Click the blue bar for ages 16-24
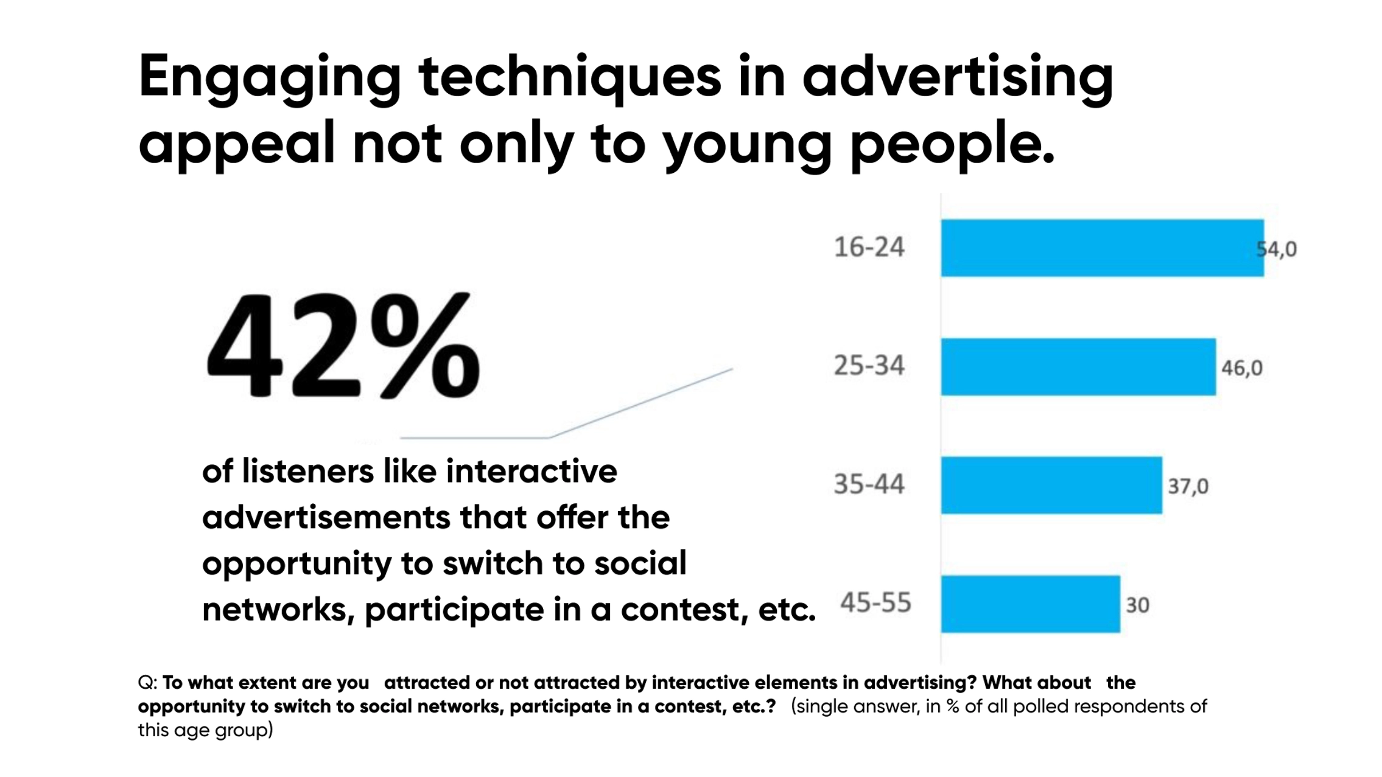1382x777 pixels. click(1101, 248)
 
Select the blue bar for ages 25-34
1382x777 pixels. click(1078, 367)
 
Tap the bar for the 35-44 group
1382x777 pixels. click(1051, 485)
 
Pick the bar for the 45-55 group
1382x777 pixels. click(1030, 604)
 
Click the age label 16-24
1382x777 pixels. click(869, 248)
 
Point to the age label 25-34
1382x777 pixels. click(869, 366)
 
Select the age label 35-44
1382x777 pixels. click(869, 484)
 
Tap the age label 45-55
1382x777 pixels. click(875, 603)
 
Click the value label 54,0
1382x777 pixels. click(1277, 249)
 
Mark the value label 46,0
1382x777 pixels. click(1241, 368)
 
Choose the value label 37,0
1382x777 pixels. click(1188, 486)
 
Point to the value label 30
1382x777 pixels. click(1137, 605)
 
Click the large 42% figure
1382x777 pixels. click(343, 346)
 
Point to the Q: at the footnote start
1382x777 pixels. click(147, 683)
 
